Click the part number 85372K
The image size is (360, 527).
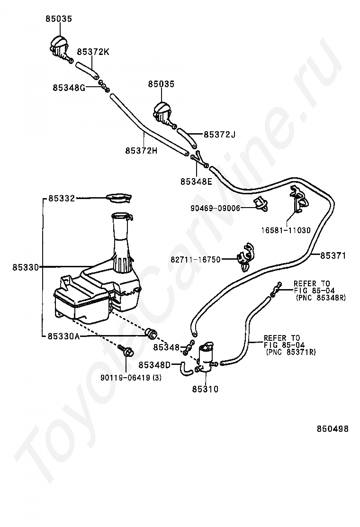[x=93, y=52]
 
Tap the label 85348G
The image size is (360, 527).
[x=69, y=88]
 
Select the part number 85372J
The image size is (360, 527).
[x=219, y=135]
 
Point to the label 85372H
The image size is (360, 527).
[x=141, y=150]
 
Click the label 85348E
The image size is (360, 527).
[x=196, y=181]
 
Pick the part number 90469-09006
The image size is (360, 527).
[x=216, y=208]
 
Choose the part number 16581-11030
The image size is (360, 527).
[x=286, y=230]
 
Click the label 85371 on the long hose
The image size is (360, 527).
[x=333, y=256]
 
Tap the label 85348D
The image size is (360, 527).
[x=154, y=365]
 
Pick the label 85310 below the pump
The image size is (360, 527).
[x=205, y=390]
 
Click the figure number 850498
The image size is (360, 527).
[x=333, y=429]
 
